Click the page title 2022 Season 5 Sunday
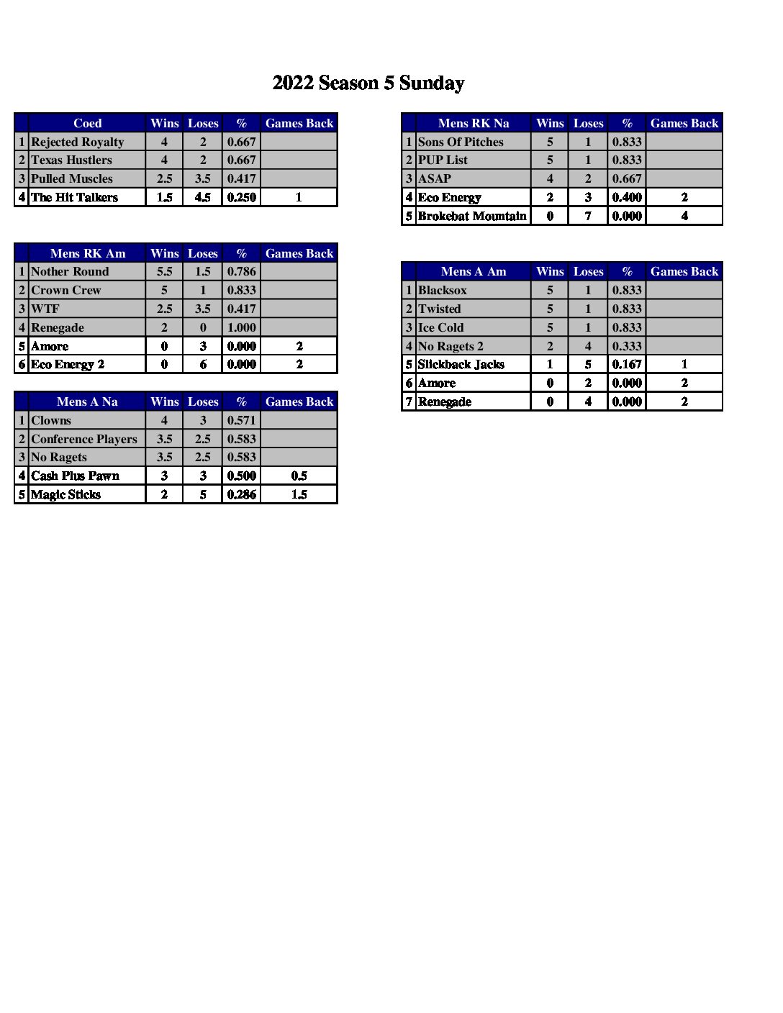368,83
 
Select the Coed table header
87,123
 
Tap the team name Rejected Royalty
78,142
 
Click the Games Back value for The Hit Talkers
299,197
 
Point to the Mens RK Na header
473,123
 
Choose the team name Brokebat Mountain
472,216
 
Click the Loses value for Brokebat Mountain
588,216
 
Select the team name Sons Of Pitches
461,142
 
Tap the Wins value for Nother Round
164,271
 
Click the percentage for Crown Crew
241,290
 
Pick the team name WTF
45,309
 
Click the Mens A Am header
473,271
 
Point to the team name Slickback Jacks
461,364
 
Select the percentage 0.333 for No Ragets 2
627,346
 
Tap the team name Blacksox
443,290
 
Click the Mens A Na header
87,401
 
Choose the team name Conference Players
84,439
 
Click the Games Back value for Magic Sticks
299,494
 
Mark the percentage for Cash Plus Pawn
241,476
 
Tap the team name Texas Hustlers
72,160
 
